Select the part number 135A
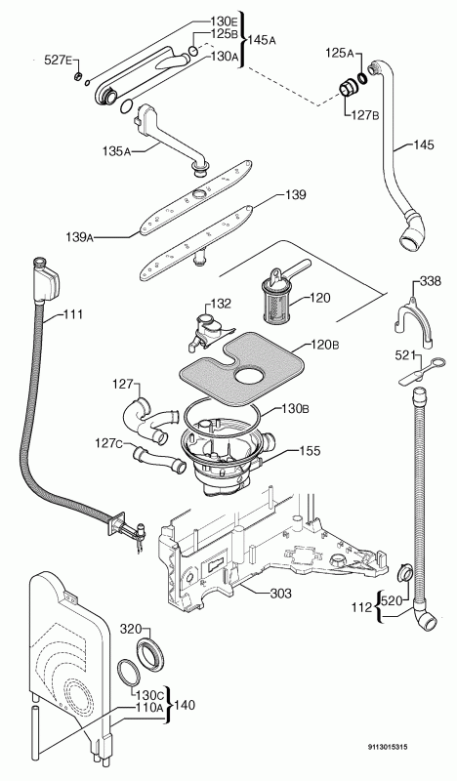116,150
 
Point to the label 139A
79,236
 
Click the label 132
221,304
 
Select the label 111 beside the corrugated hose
73,314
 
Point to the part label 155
310,451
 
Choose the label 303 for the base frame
280,593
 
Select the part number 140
185,705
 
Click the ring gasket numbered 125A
363,78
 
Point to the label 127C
109,442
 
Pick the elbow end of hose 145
412,232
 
